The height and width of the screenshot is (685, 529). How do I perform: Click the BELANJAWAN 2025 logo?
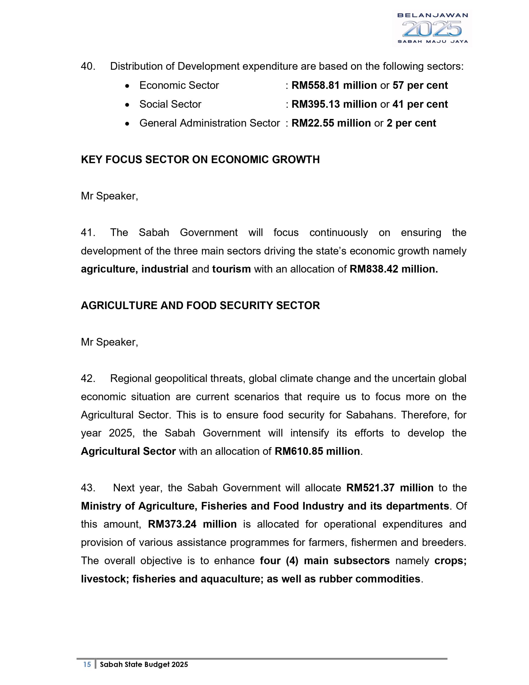pos(432,28)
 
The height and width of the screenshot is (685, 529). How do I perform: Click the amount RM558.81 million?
pos(334,85)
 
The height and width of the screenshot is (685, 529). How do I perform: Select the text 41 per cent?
pos(420,104)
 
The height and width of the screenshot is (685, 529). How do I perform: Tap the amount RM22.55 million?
pos(331,123)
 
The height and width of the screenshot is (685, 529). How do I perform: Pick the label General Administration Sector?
pos(209,123)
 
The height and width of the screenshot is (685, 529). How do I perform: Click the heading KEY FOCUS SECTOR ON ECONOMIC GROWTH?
pos(200,160)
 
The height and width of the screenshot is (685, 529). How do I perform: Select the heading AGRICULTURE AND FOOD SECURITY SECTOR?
pos(200,306)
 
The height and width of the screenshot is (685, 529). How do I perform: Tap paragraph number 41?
pos(87,233)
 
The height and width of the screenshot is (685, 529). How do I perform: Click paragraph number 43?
pos(87,488)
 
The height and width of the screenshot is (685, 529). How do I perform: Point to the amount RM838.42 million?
pos(393,269)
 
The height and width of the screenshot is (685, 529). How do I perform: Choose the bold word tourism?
pos(231,269)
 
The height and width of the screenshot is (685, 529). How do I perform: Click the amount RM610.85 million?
pos(317,451)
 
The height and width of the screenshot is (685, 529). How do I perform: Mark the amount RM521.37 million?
pos(390,488)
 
